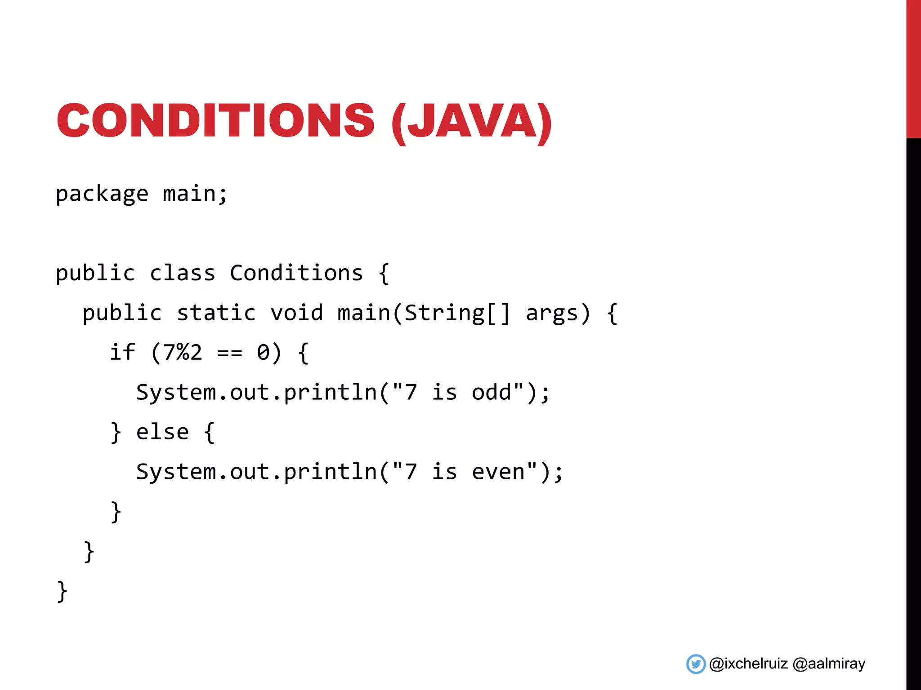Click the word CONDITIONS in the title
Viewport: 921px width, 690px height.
coord(215,120)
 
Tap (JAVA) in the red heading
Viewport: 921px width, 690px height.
coord(471,121)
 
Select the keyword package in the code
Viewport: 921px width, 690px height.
coord(102,195)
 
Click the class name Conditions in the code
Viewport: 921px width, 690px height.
coord(296,273)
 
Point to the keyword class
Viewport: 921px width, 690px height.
coord(182,273)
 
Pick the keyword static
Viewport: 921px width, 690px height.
coord(216,313)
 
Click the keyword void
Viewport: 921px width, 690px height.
coord(296,313)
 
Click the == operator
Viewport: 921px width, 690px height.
coord(229,353)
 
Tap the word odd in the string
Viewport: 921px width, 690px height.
coord(492,392)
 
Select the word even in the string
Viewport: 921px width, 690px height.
coord(498,472)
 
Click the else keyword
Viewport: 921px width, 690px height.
coord(162,432)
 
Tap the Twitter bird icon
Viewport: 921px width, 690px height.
coord(696,664)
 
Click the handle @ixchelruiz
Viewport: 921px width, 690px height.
coord(748,664)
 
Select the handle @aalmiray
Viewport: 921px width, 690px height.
coord(829,664)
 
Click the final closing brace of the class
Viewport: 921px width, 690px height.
coord(62,591)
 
